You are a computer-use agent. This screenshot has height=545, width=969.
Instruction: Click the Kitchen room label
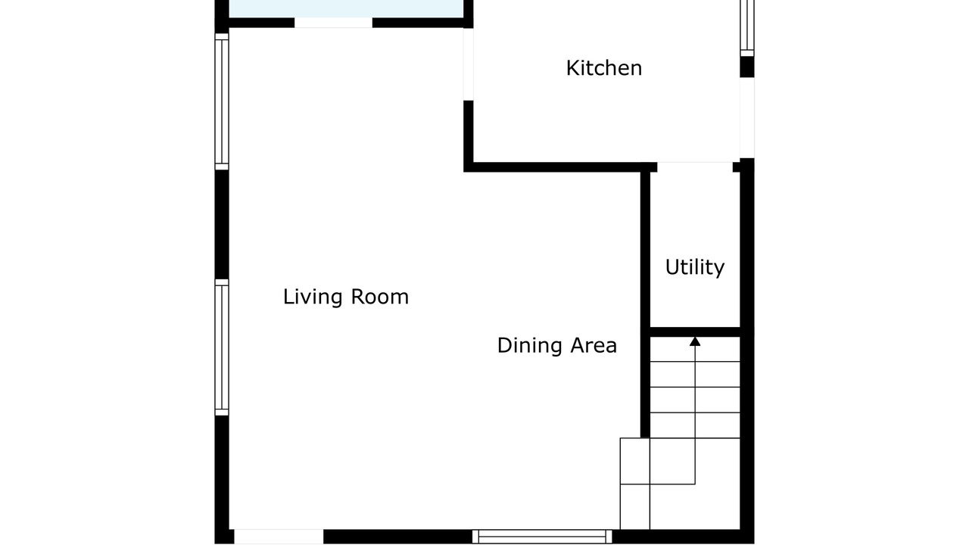pos(604,68)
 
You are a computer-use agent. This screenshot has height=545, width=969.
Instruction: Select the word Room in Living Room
pos(380,297)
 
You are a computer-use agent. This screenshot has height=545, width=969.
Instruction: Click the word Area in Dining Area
pos(594,345)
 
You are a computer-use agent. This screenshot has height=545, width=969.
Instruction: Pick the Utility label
pos(695,267)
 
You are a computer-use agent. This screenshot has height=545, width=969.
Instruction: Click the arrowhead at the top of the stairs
pos(695,341)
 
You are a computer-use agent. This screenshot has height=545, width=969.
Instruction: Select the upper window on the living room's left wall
pos(222,101)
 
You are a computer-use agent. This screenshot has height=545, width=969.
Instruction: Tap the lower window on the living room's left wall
pos(222,347)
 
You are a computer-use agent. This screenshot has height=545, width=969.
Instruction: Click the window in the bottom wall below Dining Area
pos(542,537)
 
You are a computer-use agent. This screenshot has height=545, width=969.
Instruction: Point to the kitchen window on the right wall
pos(747,28)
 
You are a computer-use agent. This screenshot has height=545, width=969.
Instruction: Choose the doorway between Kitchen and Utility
pos(695,167)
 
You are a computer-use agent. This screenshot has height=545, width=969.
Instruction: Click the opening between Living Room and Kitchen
pos(468,64)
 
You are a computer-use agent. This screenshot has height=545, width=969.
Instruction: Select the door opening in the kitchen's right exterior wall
pos(747,117)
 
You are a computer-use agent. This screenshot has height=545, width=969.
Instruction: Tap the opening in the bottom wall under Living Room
pos(279,537)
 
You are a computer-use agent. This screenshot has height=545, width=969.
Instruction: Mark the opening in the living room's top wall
pos(333,23)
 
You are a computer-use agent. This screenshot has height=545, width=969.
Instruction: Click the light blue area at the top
pos(346,8)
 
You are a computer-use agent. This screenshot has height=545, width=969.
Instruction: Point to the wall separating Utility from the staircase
pos(695,332)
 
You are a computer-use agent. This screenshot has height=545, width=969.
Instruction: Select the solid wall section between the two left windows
pos(222,225)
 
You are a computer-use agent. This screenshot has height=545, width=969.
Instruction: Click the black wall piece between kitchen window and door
pos(747,67)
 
